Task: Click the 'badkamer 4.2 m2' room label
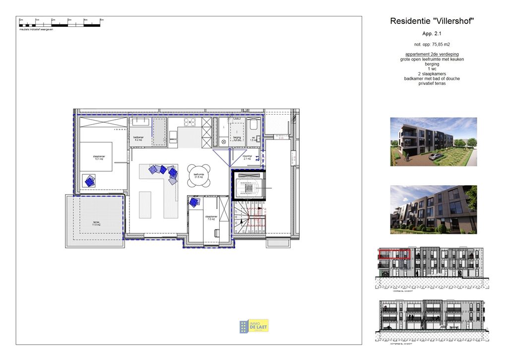[138, 139]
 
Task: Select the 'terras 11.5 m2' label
[96, 223]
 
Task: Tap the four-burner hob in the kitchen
[190, 122]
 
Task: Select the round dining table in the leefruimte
[199, 175]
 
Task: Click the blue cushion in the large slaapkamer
[90, 181]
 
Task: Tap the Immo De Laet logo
[254, 326]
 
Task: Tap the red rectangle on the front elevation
[394, 254]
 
